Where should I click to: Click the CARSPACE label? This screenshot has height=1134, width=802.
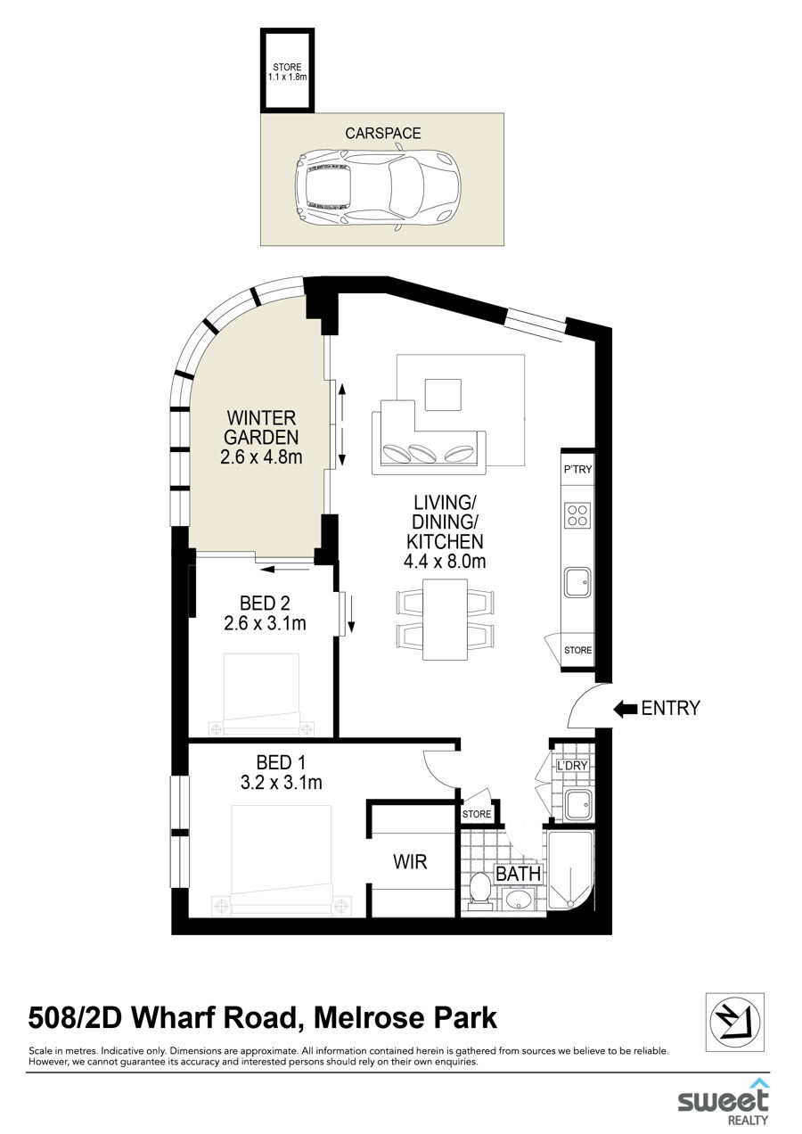point(383,133)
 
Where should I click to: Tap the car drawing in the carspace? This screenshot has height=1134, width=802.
point(378,187)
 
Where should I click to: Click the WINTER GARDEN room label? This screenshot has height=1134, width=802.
point(262,427)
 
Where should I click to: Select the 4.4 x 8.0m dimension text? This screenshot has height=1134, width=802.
point(445,561)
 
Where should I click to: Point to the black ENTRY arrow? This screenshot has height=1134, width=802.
point(625,710)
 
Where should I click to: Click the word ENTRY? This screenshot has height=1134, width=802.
point(670,708)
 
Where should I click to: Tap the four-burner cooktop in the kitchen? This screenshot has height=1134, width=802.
point(577,516)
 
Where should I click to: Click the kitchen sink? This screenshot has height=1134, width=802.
point(577,583)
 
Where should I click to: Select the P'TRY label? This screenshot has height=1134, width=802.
point(577,469)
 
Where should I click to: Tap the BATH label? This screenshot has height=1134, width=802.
point(518,874)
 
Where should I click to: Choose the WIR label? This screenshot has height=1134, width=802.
point(410,861)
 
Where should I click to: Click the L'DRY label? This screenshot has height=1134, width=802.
point(572,766)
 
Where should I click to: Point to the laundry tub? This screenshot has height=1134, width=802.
point(577,804)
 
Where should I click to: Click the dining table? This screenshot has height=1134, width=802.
point(445,620)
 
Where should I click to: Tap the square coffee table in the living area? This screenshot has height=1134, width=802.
point(443,395)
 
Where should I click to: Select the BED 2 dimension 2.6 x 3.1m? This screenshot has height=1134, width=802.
point(266,623)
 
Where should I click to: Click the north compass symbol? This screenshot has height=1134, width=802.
point(734,1023)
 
